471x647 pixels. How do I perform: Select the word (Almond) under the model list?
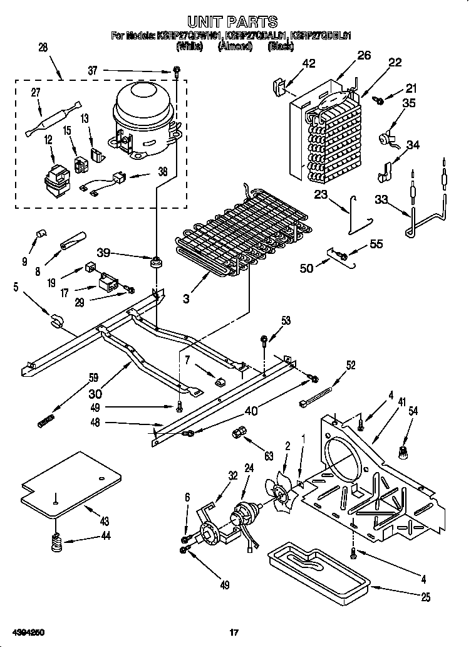[x=235, y=46]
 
